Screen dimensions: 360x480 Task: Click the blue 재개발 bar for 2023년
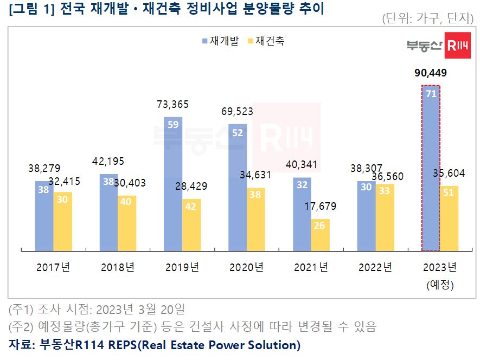pos(431,168)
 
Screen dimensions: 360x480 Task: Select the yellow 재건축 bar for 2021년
pos(319,235)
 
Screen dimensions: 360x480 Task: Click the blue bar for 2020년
pos(238,187)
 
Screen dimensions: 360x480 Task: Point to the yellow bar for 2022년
pos(385,217)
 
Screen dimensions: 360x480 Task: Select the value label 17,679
pos(321,206)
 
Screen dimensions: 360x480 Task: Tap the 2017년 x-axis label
pos(53,267)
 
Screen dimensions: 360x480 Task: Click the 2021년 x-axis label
pos(311,267)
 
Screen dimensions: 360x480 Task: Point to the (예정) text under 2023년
pos(440,284)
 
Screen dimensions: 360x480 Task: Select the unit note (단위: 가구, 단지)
pos(427,18)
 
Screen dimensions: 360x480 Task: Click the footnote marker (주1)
pos(21,310)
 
